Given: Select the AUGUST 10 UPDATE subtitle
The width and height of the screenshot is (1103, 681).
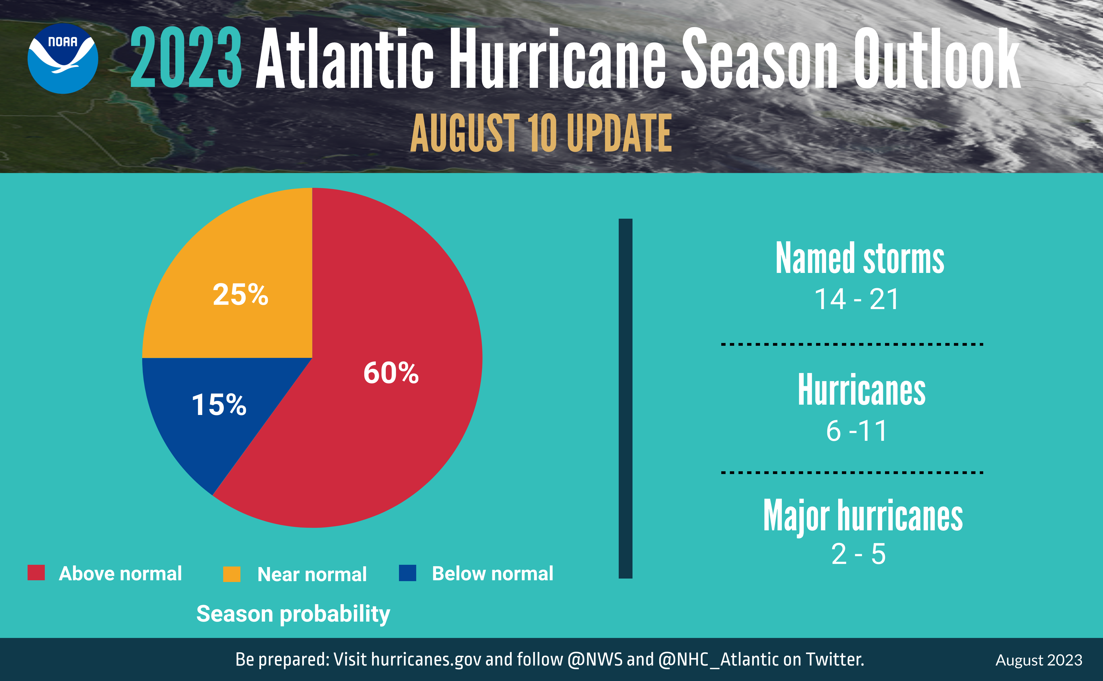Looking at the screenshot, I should click(541, 133).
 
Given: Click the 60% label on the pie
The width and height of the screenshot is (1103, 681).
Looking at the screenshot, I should click(391, 373).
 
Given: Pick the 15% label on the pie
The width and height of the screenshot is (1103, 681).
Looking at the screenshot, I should click(219, 404).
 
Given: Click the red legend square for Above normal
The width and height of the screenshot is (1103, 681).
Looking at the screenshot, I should click(36, 573).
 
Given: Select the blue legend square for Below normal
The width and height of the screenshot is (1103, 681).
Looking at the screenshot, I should click(408, 573).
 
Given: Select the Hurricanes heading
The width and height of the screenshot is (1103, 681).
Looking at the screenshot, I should click(861, 390).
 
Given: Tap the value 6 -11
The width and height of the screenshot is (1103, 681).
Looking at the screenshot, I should click(857, 431).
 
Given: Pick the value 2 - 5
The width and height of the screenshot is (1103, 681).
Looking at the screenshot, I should click(858, 554).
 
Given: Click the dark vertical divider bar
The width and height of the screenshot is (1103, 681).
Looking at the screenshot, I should click(625, 399).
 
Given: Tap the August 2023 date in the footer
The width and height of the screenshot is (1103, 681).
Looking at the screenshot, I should click(1039, 661).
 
